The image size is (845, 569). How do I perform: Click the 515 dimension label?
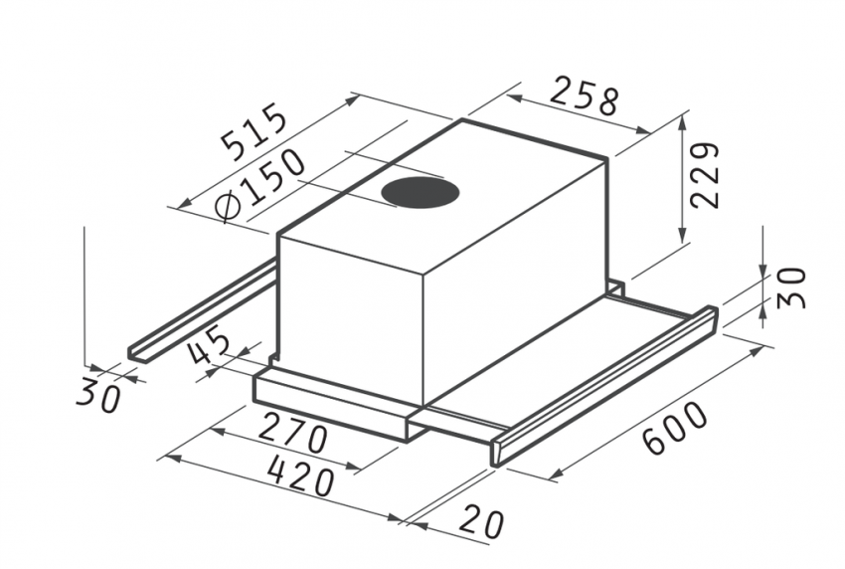pyautogui.click(x=254, y=130)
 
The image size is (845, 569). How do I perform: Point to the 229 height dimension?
pyautogui.click(x=704, y=175)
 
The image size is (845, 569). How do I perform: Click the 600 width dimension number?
pyautogui.click(x=675, y=427)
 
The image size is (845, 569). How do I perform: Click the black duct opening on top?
pyautogui.click(x=420, y=191)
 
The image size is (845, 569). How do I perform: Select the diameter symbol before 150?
pyautogui.click(x=229, y=207)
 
